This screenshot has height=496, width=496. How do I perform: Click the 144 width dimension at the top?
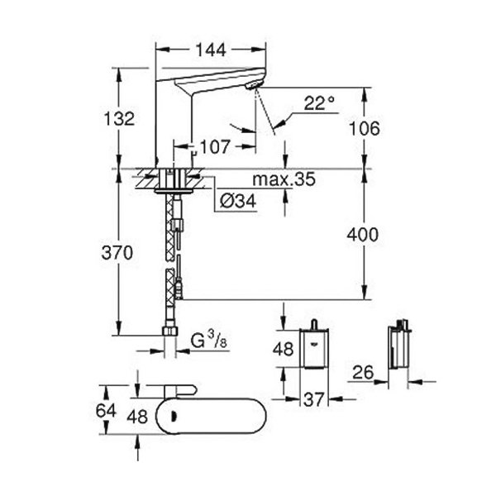coord(211,50)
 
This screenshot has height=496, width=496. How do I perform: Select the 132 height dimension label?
coord(120,119)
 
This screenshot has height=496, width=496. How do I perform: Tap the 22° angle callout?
coord(319,103)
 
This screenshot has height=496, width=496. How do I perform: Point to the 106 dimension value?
coord(364,128)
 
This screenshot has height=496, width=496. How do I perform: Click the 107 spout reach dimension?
coord(214,147)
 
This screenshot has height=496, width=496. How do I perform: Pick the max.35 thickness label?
coord(284,179)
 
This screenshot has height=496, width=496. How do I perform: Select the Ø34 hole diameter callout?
coord(237,201)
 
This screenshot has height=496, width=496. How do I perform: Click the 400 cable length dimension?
coord(363,235)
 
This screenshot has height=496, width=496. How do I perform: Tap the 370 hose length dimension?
coord(117,253)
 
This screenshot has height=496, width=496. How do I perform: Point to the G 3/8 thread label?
coord(209,341)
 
